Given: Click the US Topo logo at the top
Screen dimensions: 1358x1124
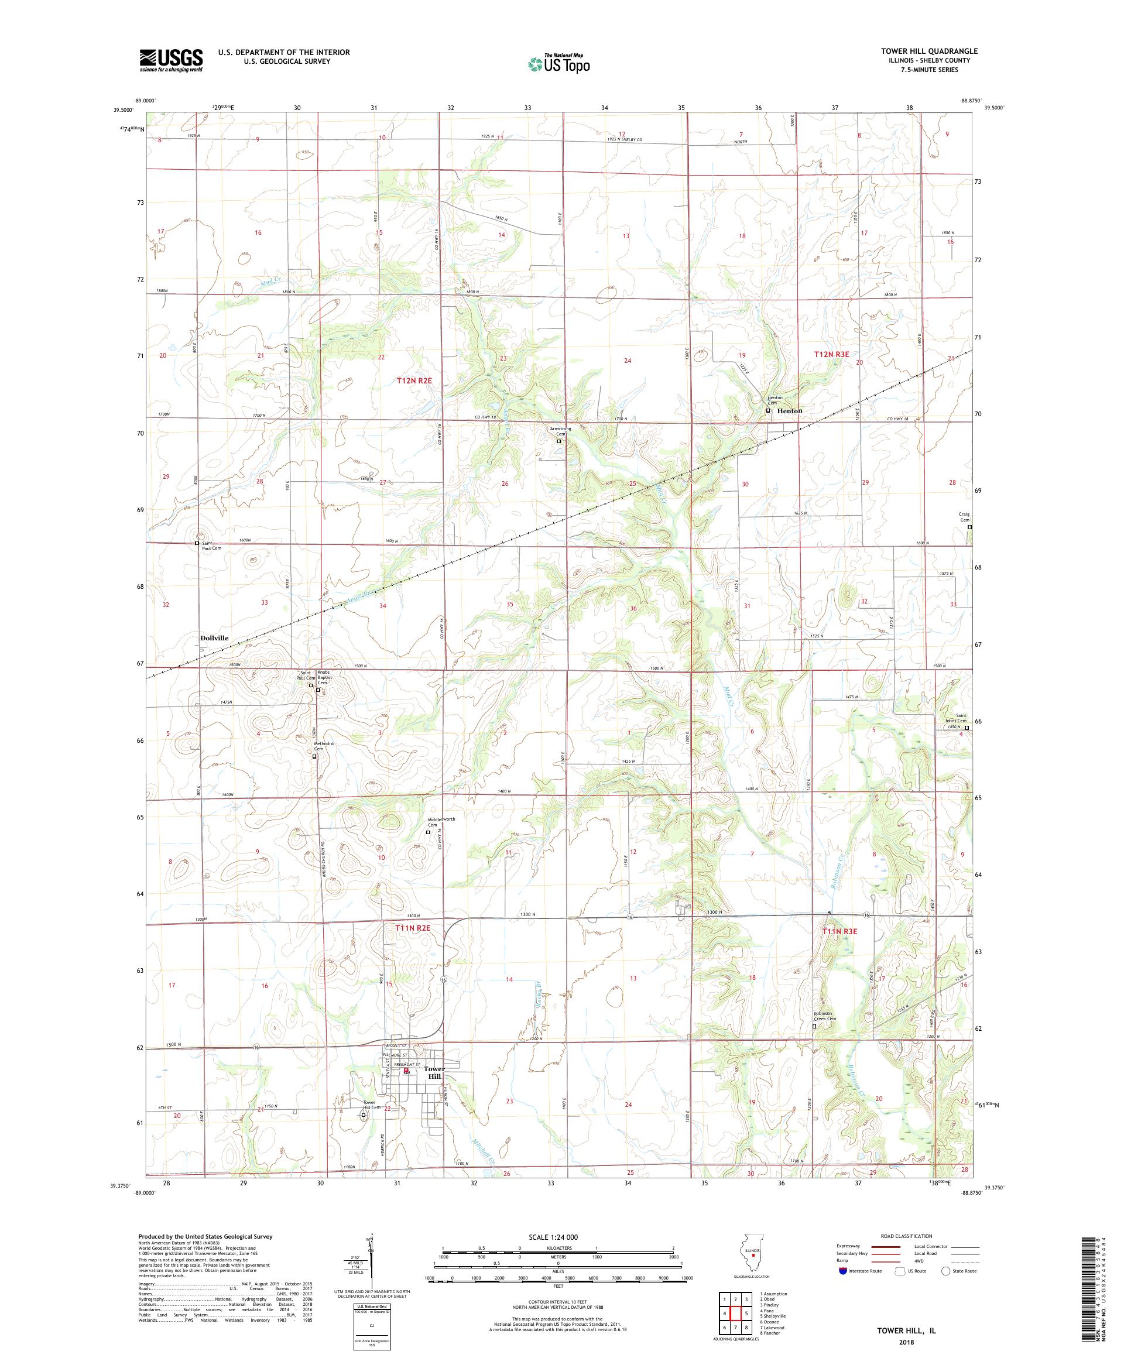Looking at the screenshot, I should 560,63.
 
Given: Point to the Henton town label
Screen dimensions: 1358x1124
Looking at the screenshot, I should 789,411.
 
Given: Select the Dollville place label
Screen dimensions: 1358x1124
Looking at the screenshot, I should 214,637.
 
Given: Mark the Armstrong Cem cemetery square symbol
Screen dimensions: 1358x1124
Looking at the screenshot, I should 558,441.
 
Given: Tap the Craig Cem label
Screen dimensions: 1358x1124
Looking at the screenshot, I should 964,517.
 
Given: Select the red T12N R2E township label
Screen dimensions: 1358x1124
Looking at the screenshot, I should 414,382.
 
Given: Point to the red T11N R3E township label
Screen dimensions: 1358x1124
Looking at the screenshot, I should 839,931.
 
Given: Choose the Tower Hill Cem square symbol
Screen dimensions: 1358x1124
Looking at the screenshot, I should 364,1115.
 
